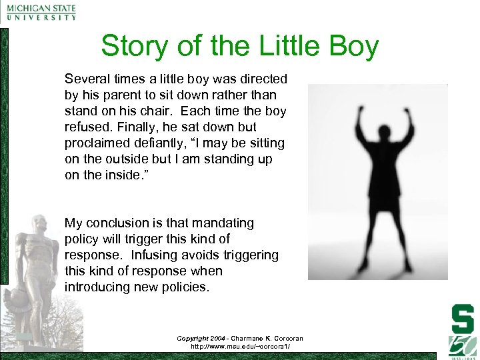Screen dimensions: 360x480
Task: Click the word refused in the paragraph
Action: coord(87,127)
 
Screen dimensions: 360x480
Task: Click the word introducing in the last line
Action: coord(99,287)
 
